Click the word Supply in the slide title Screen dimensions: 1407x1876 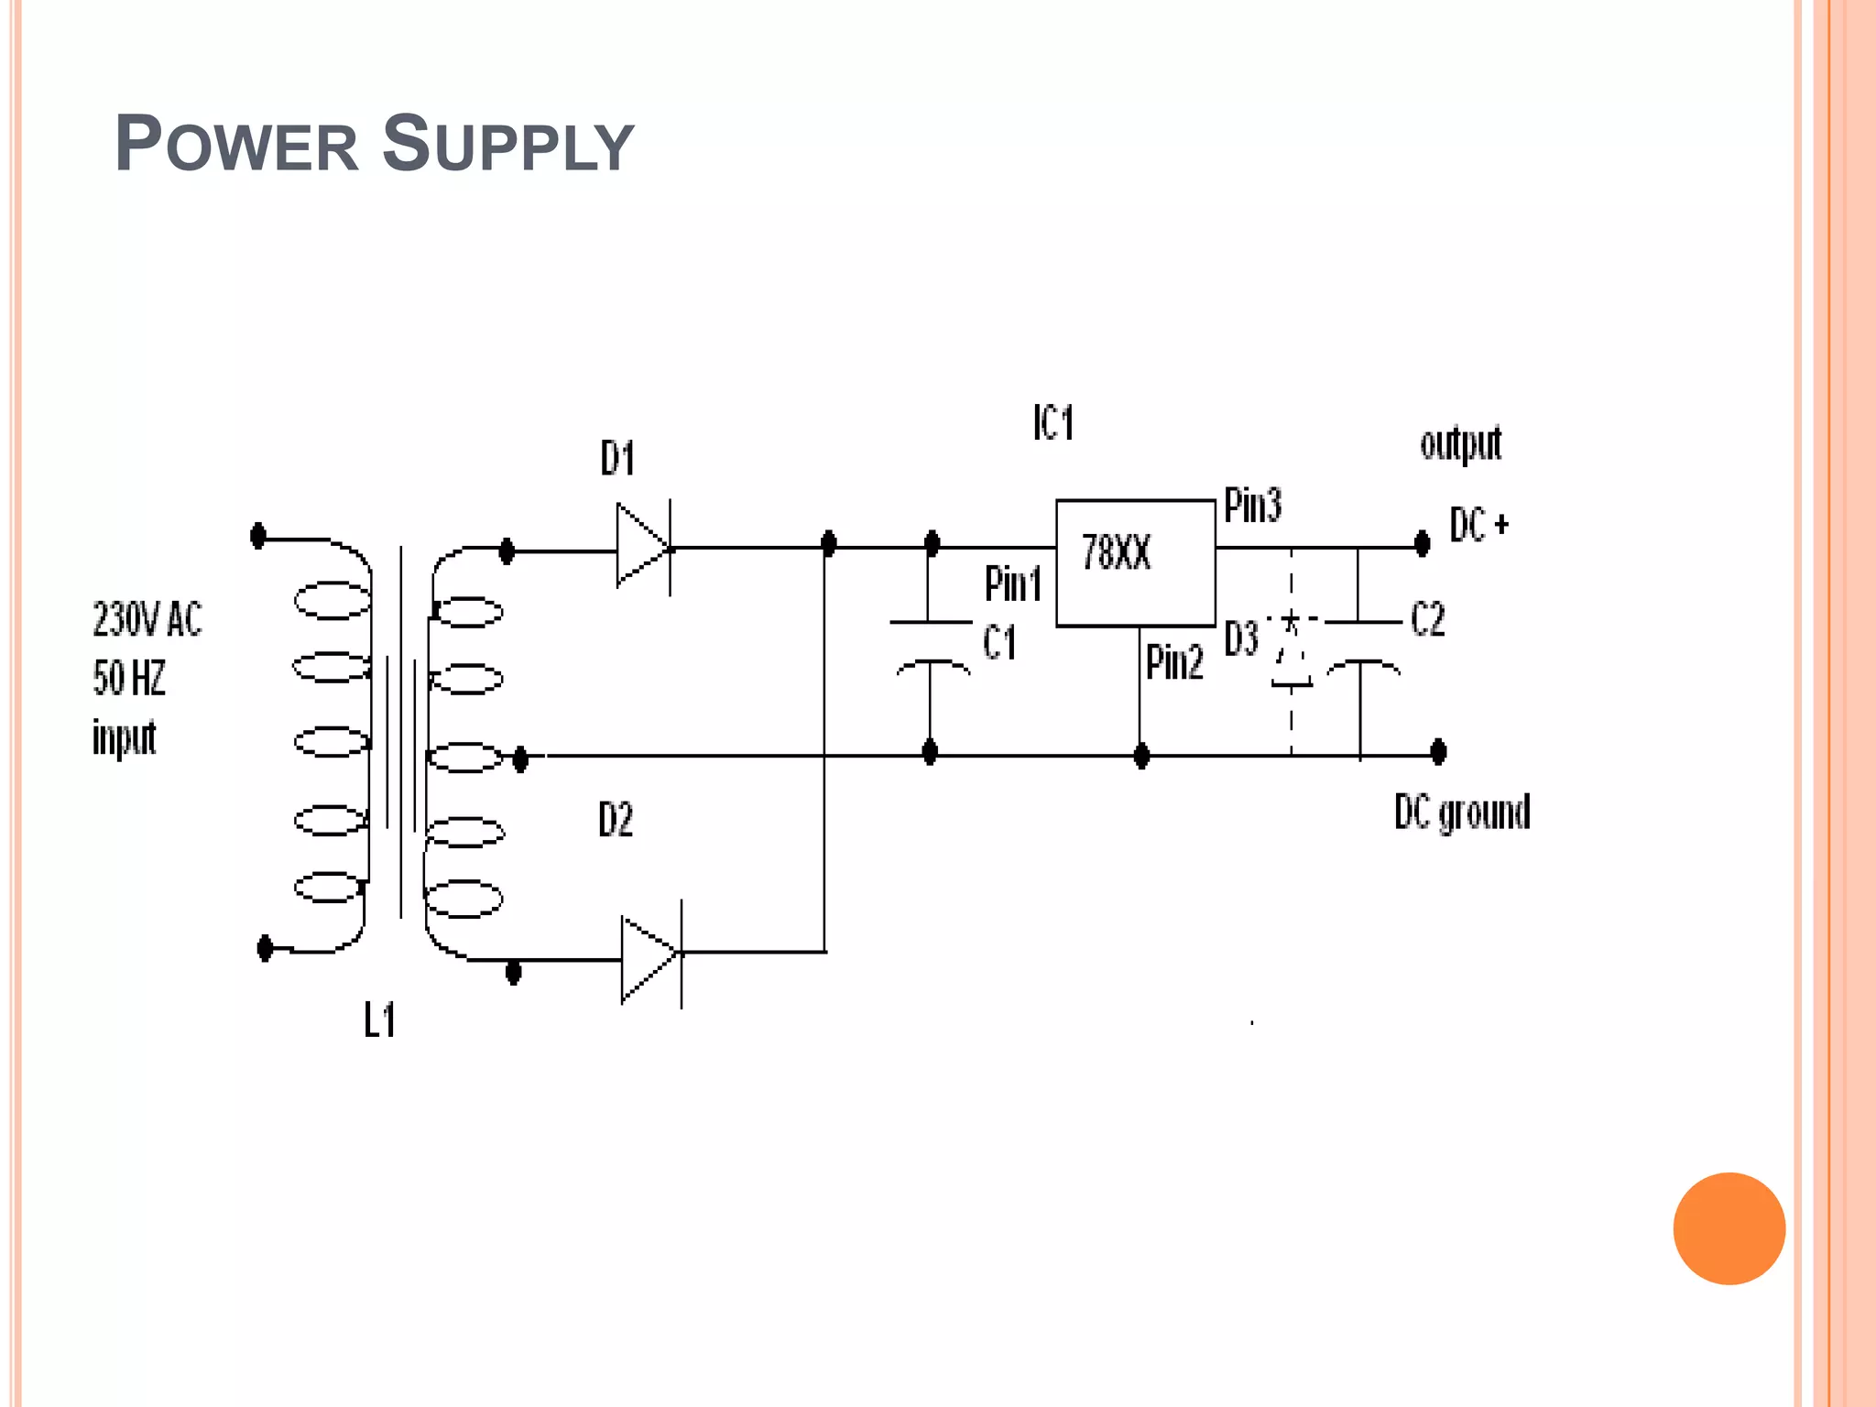tap(507, 145)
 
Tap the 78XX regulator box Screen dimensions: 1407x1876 tap(1135, 562)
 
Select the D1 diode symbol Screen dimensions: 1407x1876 tap(644, 547)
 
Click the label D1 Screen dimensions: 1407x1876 tap(618, 458)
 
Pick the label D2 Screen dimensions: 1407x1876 tap(616, 820)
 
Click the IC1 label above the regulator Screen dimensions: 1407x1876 tap(1053, 423)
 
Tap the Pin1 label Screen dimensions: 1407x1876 tap(1012, 584)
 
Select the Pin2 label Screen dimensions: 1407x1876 tap(1174, 662)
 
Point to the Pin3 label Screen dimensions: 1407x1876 tap(1252, 506)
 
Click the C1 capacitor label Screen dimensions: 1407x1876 tap(999, 642)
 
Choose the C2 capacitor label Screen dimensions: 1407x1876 tap(1427, 620)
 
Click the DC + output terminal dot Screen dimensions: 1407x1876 tap(1422, 544)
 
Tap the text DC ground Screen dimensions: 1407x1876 tap(1462, 813)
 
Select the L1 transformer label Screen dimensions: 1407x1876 tap(379, 1020)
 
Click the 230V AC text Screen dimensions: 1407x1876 tap(147, 620)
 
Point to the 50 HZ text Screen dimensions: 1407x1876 tap(129, 679)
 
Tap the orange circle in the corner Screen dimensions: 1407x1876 tap(1729, 1228)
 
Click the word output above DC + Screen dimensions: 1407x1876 tap(1460, 444)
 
